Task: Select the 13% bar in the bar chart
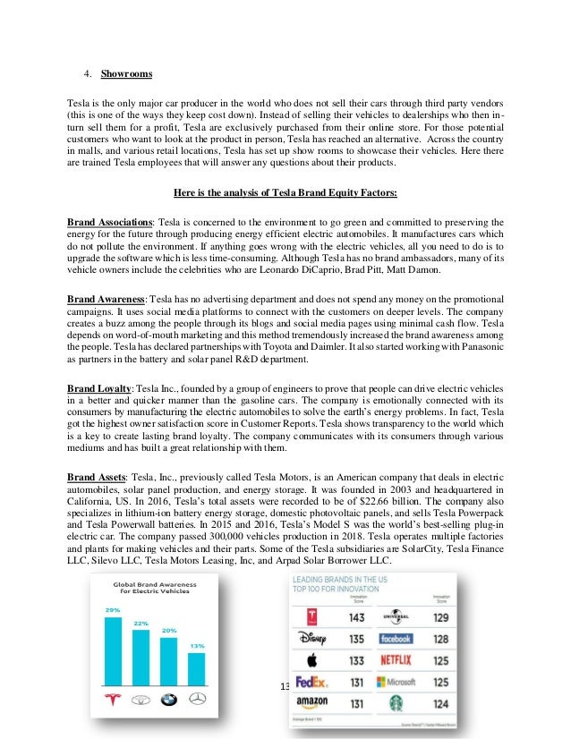point(196,667)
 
